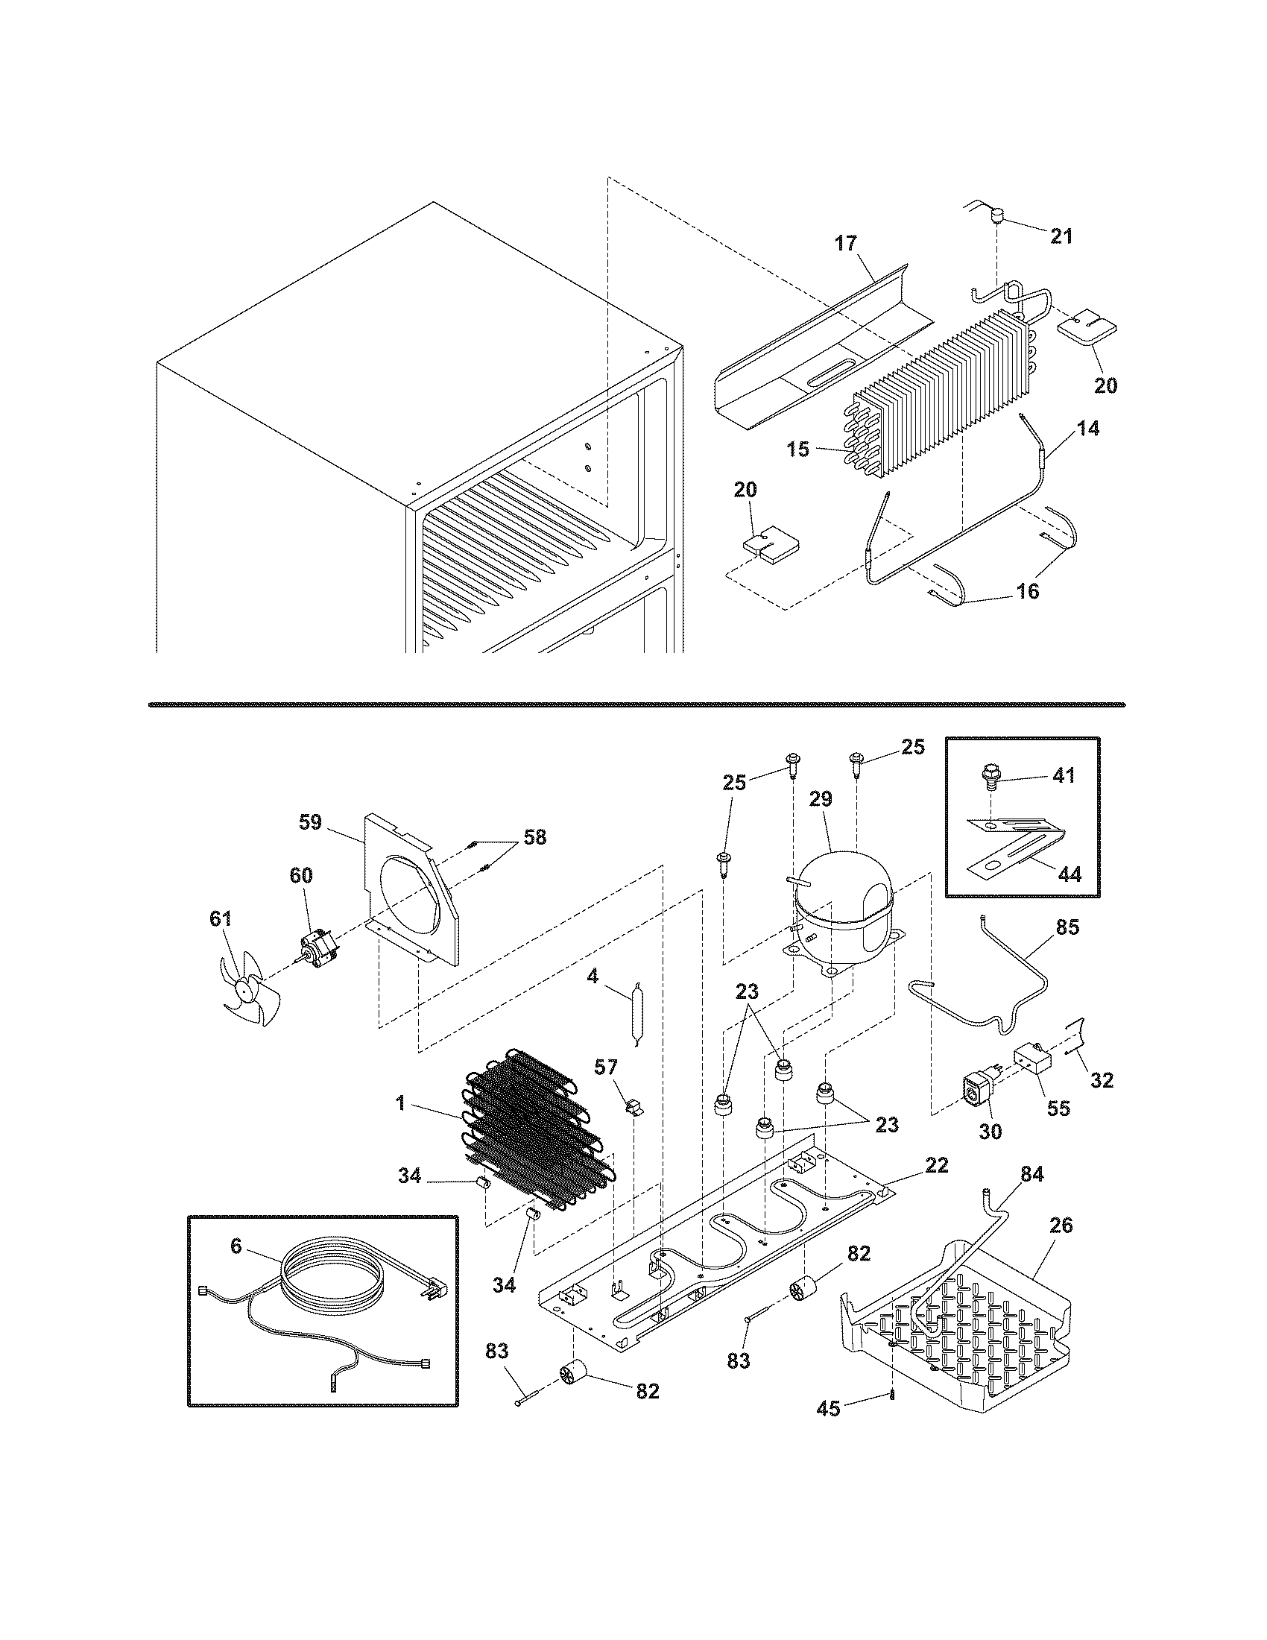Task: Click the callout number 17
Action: tap(846, 243)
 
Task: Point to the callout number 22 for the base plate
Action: tap(936, 1164)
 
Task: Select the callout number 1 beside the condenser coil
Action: tap(401, 1103)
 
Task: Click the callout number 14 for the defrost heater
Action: tap(1088, 429)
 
